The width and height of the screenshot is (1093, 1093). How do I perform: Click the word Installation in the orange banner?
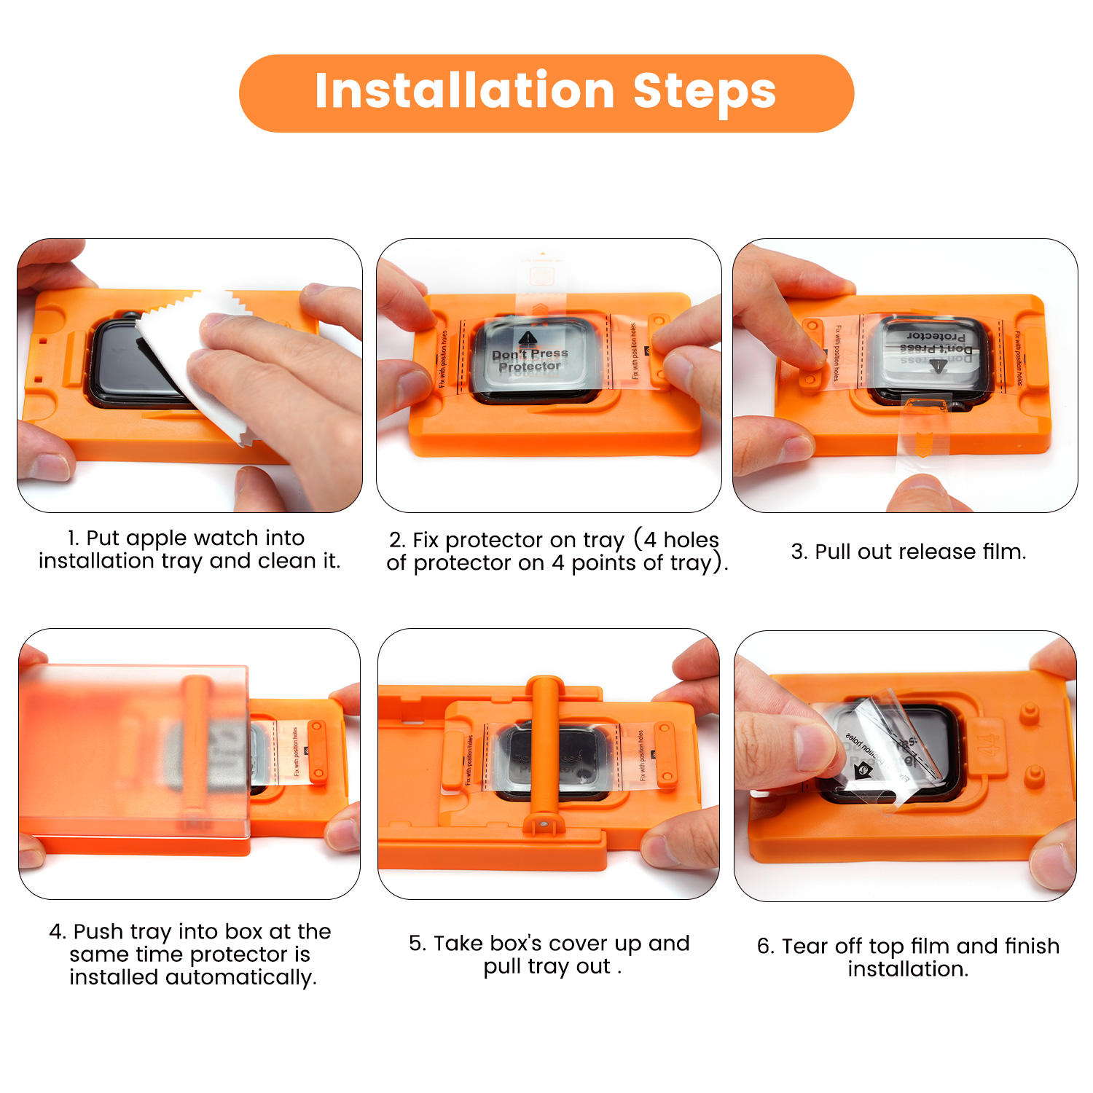[464, 92]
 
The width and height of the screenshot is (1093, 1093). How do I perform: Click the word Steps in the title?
[704, 92]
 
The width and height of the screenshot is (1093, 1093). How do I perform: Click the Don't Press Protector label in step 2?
[530, 360]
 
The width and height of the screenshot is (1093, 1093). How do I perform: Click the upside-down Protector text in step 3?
[936, 336]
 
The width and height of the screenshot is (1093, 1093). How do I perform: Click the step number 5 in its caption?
[415, 944]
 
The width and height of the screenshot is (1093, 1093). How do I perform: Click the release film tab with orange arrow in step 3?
[923, 437]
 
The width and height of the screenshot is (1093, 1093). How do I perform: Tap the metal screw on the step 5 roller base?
[544, 823]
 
